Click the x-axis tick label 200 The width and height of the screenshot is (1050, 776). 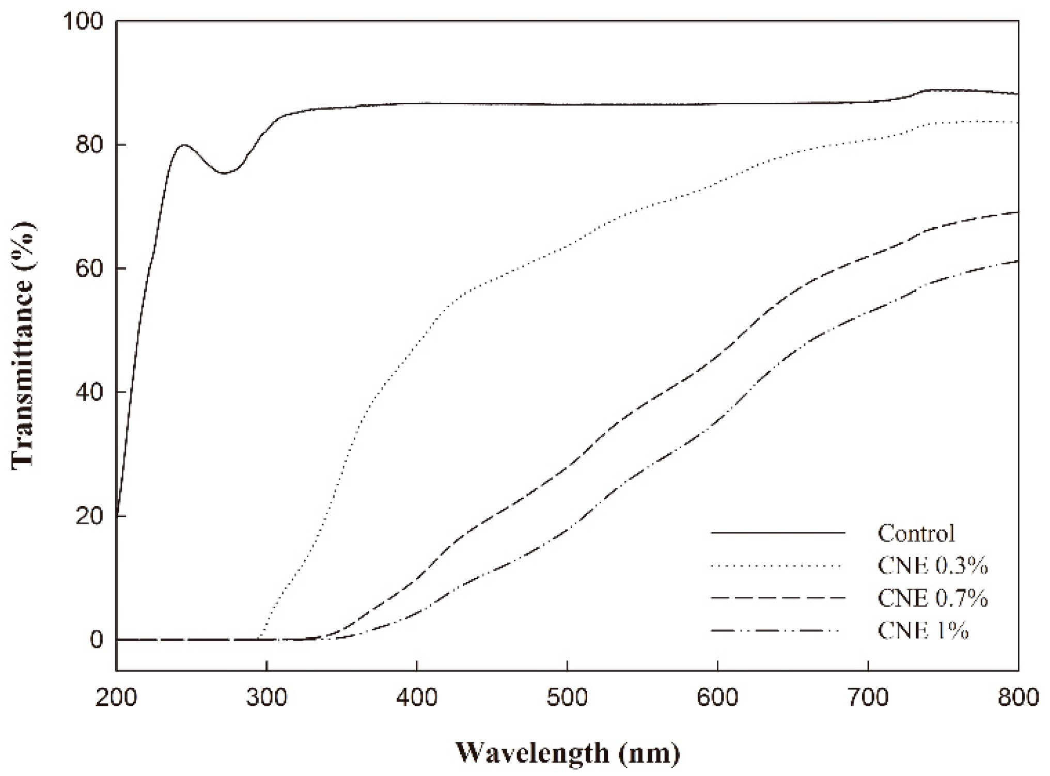[116, 698]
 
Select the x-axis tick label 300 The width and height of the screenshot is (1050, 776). [267, 698]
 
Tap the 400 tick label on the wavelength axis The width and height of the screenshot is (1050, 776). [417, 698]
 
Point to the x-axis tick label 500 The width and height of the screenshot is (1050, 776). [567, 698]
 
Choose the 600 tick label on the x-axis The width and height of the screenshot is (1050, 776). [717, 698]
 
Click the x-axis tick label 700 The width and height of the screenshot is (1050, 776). [868, 698]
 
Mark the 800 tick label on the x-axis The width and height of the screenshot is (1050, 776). [1018, 698]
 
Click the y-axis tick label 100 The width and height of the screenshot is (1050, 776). [83, 21]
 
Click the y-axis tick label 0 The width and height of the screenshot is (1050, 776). [96, 640]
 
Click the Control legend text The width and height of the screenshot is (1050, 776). [916, 533]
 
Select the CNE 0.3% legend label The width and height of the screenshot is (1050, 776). [932, 566]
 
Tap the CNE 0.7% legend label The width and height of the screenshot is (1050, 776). [932, 598]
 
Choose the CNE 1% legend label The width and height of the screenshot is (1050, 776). [922, 630]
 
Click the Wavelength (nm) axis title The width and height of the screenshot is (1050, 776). [567, 753]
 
